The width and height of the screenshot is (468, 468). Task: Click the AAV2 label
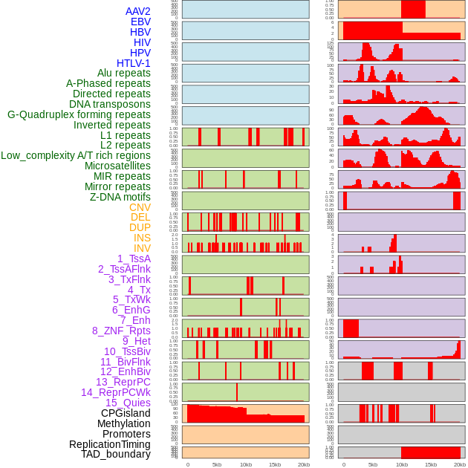pos(137,11)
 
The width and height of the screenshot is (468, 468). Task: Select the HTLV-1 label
pos(134,63)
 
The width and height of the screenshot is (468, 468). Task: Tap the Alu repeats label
pos(123,73)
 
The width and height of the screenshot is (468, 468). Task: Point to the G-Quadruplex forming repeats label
pos(79,114)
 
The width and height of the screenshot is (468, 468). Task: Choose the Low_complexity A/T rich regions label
pos(76,155)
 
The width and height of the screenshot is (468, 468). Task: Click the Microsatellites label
pos(117,166)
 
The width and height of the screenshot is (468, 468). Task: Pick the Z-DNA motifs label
pos(120,197)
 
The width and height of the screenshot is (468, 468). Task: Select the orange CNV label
pos(140,207)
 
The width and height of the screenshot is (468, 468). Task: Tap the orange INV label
pos(142,248)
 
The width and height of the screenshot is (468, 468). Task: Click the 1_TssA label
pos(134,259)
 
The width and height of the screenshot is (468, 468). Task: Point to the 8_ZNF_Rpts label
pos(121,331)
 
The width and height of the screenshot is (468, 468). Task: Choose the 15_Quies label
pos(128,403)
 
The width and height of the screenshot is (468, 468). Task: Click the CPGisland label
pos(126,413)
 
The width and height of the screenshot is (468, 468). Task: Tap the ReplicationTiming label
pos(109,444)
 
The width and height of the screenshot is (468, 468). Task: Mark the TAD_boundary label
pos(115,454)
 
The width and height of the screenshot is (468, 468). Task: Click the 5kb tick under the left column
pos(217,464)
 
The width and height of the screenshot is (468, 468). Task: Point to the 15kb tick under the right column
pos(431,464)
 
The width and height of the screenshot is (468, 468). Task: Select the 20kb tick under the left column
pos(304,464)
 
